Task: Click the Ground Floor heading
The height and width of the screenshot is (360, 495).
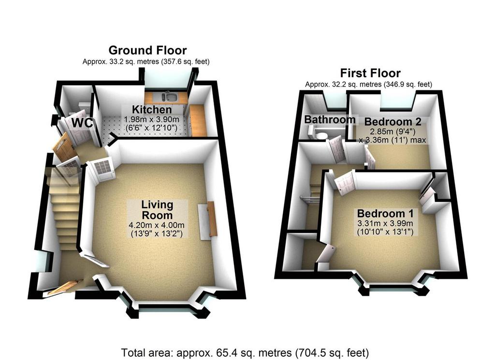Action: pyautogui.click(x=147, y=50)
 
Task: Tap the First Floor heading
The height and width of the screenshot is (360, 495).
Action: pyautogui.click(x=370, y=73)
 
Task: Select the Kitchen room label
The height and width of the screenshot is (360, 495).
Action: pyautogui.click(x=152, y=110)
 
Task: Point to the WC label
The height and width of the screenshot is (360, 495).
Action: pyautogui.click(x=82, y=123)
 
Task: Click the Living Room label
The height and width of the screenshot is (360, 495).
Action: pyautogui.click(x=157, y=210)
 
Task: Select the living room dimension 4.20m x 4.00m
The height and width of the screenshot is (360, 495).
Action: pyautogui.click(x=157, y=225)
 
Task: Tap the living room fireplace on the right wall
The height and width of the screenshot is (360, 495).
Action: pyautogui.click(x=208, y=220)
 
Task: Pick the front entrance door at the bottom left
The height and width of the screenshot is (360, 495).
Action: pyautogui.click(x=64, y=288)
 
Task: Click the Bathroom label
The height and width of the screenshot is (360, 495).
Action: pyautogui.click(x=330, y=119)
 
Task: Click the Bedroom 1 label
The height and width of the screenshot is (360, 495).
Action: pyautogui.click(x=385, y=213)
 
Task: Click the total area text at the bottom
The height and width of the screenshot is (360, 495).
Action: pyautogui.click(x=245, y=352)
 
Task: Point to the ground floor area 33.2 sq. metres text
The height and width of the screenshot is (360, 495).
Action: pyautogui.click(x=146, y=61)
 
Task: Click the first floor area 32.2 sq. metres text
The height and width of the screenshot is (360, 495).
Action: pyautogui.click(x=368, y=84)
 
